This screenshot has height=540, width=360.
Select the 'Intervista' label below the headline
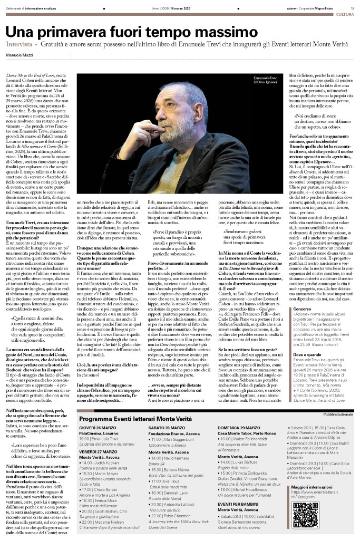pyautogui.click(x=20, y=45)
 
